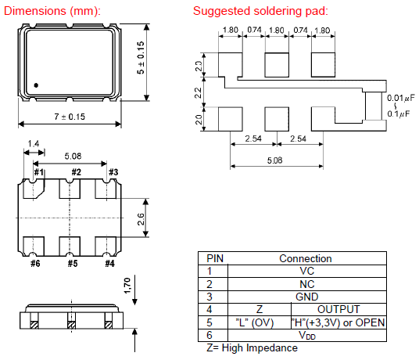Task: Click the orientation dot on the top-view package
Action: pyautogui.click(x=36, y=85)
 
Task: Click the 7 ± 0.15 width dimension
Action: pyautogui.click(x=70, y=117)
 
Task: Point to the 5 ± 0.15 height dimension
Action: pyautogui.click(x=141, y=58)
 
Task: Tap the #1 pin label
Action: pyautogui.click(x=39, y=172)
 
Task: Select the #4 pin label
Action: pyautogui.click(x=109, y=264)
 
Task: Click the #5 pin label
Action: pyautogui.click(x=73, y=264)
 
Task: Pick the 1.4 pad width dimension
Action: pyautogui.click(x=34, y=144)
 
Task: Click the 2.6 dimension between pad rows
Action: pyautogui.click(x=141, y=219)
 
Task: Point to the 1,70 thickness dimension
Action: pyautogui.click(x=127, y=286)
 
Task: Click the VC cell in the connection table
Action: pyautogui.click(x=306, y=272)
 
